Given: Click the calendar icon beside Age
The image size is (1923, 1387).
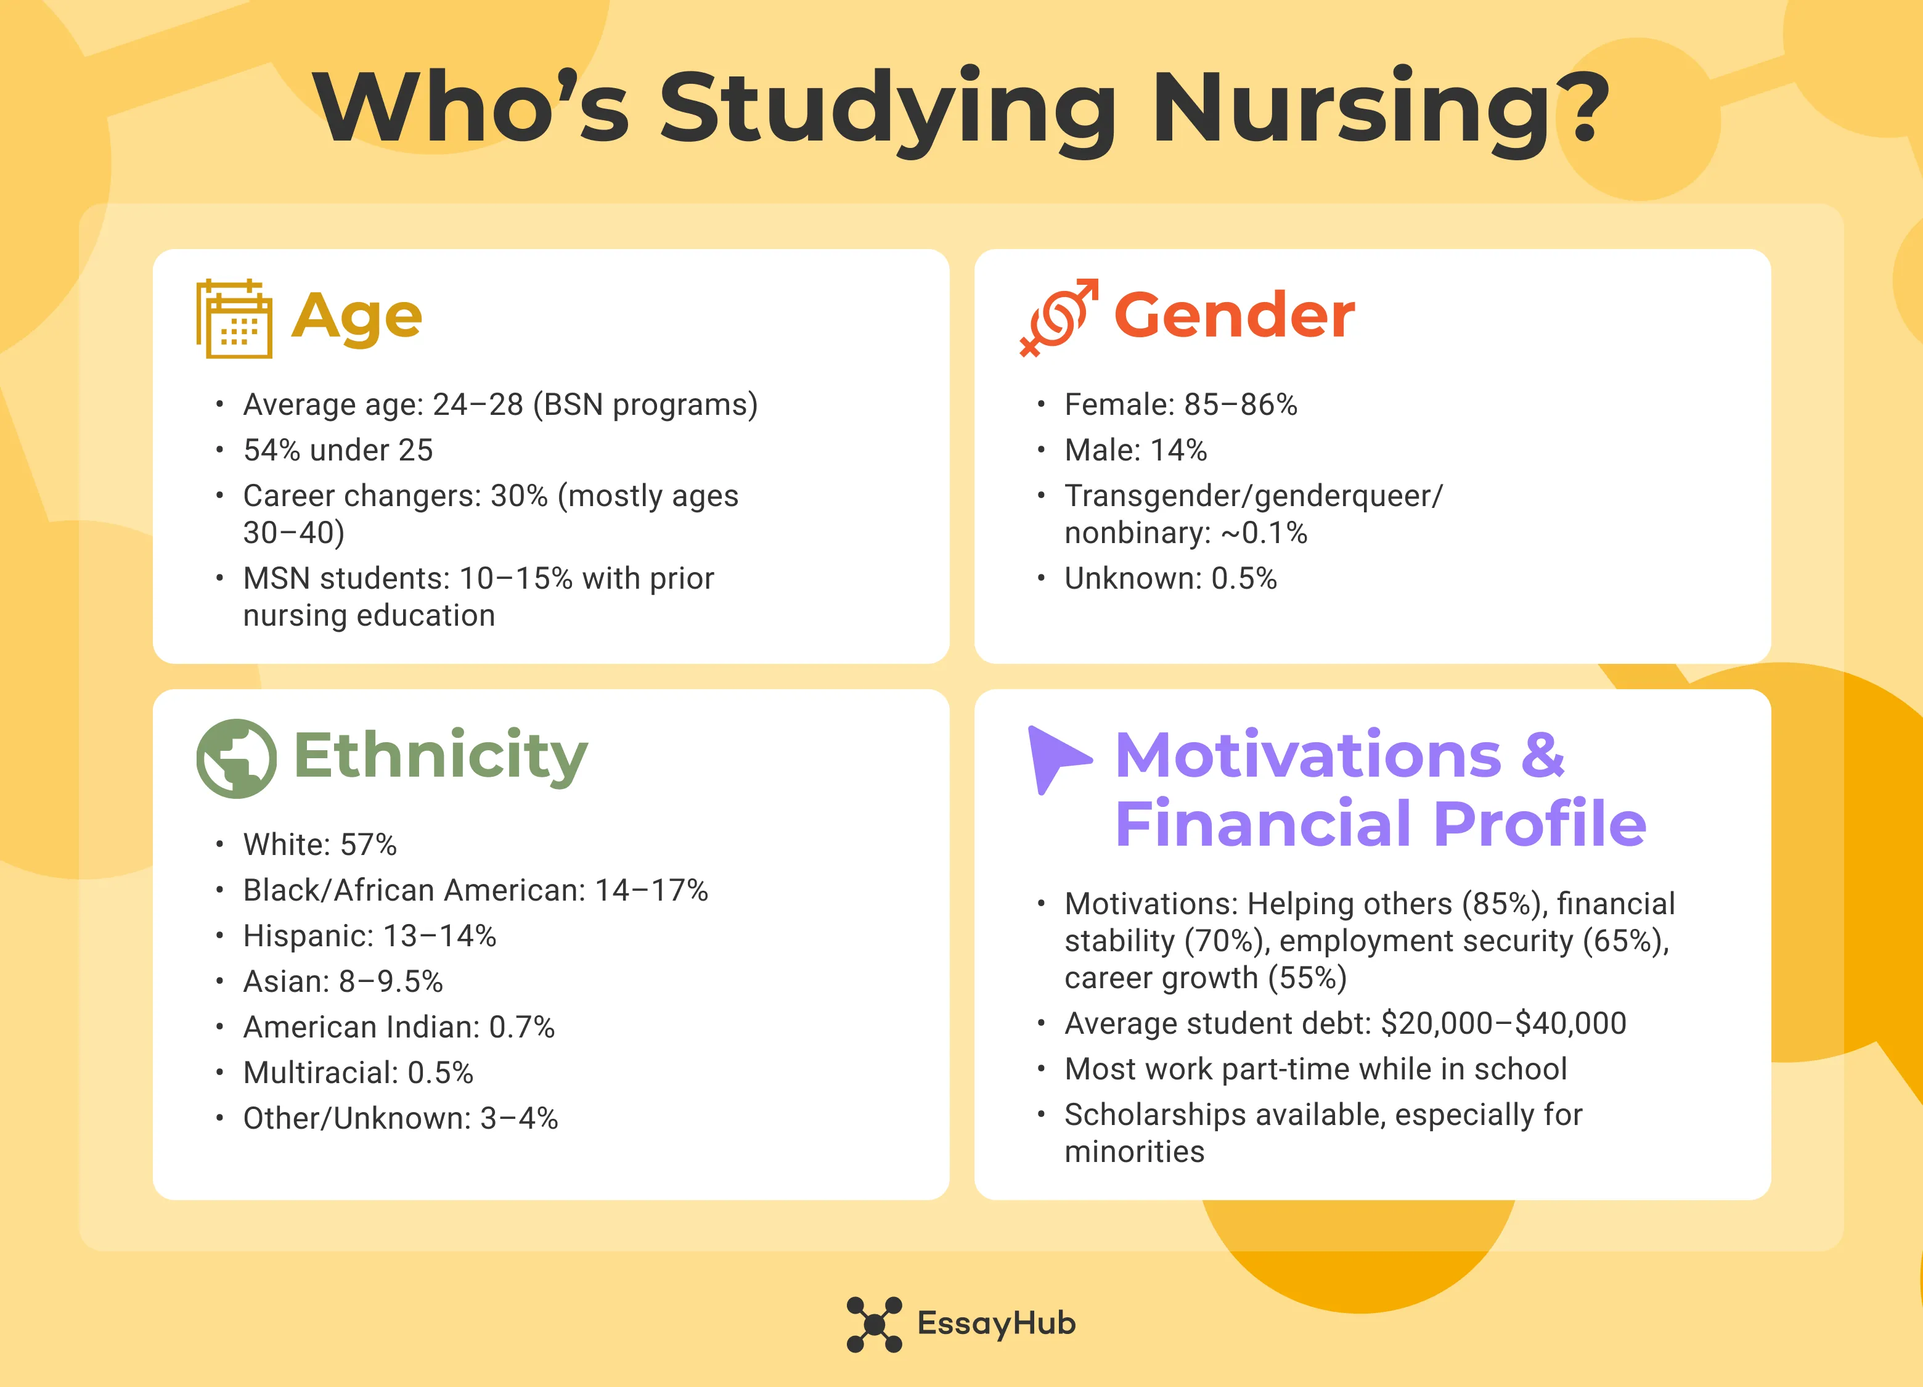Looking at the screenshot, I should [234, 319].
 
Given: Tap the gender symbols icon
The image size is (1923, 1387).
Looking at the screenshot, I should [1058, 317].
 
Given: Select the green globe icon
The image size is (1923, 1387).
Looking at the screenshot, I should [235, 758].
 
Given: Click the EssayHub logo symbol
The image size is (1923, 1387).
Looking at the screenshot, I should [874, 1324].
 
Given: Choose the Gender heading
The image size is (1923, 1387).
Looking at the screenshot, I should [1234, 316].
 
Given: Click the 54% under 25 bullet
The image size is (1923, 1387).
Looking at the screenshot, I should [338, 450].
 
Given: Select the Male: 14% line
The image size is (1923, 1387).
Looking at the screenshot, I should [1135, 450].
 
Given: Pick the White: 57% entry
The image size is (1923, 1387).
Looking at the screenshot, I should [320, 845].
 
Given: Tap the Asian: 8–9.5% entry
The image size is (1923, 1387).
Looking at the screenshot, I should [343, 982].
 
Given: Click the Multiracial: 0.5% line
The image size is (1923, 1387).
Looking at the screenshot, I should [358, 1073].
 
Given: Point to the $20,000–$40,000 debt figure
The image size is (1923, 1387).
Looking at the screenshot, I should [1503, 1023].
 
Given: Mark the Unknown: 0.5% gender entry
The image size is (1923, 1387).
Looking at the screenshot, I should [1170, 578].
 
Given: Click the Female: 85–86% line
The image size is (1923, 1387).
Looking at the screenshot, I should [1180, 404].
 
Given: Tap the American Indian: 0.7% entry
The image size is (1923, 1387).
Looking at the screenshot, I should [399, 1028].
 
